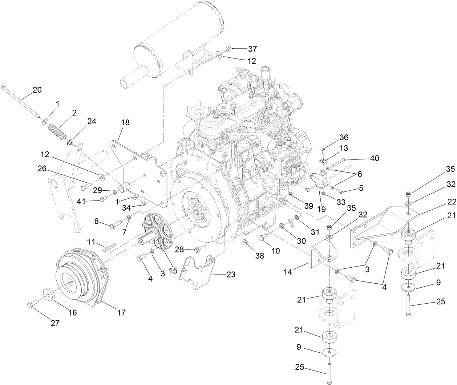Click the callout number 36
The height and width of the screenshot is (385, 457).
(x=343, y=138)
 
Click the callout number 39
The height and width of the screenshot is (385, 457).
(x=308, y=206)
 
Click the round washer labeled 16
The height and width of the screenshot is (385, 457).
(x=48, y=293)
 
